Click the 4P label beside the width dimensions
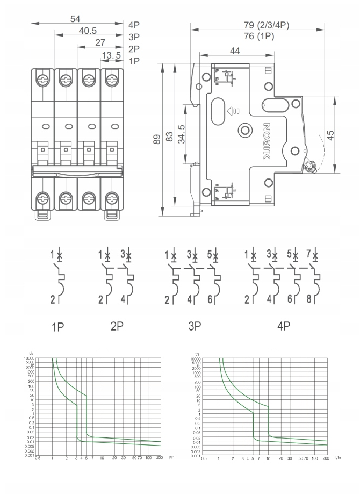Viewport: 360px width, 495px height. pos(134,25)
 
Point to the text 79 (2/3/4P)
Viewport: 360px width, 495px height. pos(265,25)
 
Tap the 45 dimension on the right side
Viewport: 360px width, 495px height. pos(331,134)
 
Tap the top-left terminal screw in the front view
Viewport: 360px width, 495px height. pos(42,80)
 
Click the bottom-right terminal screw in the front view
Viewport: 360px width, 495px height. pos(112,199)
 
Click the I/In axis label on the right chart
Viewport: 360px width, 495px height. pos(337,457)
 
